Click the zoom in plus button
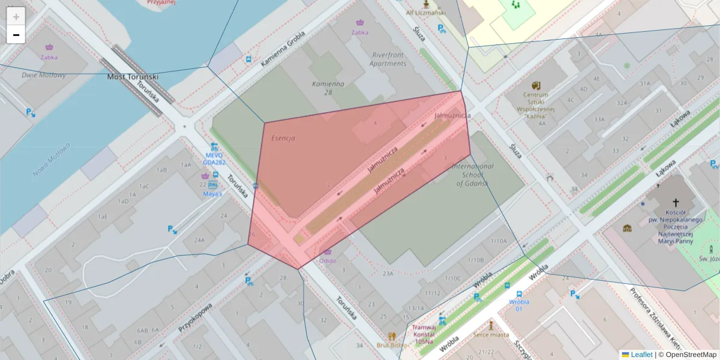click(x=16, y=17)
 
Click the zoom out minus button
click(x=16, y=34)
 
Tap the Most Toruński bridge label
click(x=133, y=77)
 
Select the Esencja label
click(x=283, y=138)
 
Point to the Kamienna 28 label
click(x=328, y=88)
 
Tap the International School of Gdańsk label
click(x=472, y=174)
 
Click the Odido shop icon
click(x=327, y=251)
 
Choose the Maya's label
click(x=213, y=194)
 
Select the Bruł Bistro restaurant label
click(x=392, y=345)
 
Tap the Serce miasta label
click(x=491, y=335)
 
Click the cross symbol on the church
click(x=676, y=203)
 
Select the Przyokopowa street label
click(x=196, y=317)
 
